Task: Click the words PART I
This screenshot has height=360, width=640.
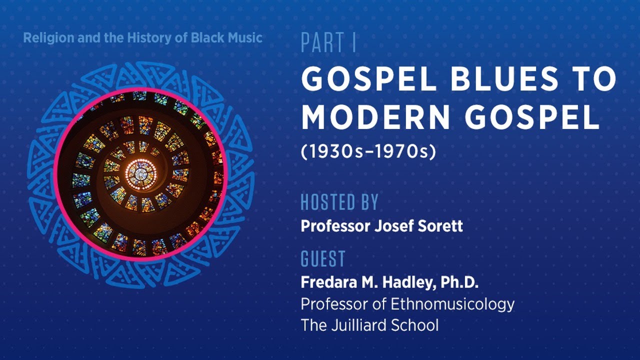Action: click(x=328, y=43)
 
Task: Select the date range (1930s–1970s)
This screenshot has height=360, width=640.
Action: click(x=368, y=152)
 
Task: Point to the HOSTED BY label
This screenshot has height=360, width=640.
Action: click(x=339, y=202)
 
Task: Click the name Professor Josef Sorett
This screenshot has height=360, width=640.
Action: click(x=381, y=226)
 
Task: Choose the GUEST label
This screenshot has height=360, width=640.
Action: click(x=323, y=259)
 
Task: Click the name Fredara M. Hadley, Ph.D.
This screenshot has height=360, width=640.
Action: click(x=389, y=282)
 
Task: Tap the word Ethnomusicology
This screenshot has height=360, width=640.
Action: click(x=452, y=304)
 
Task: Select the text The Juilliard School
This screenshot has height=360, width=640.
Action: click(x=369, y=325)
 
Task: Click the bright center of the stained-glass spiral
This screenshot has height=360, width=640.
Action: click(x=140, y=173)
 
